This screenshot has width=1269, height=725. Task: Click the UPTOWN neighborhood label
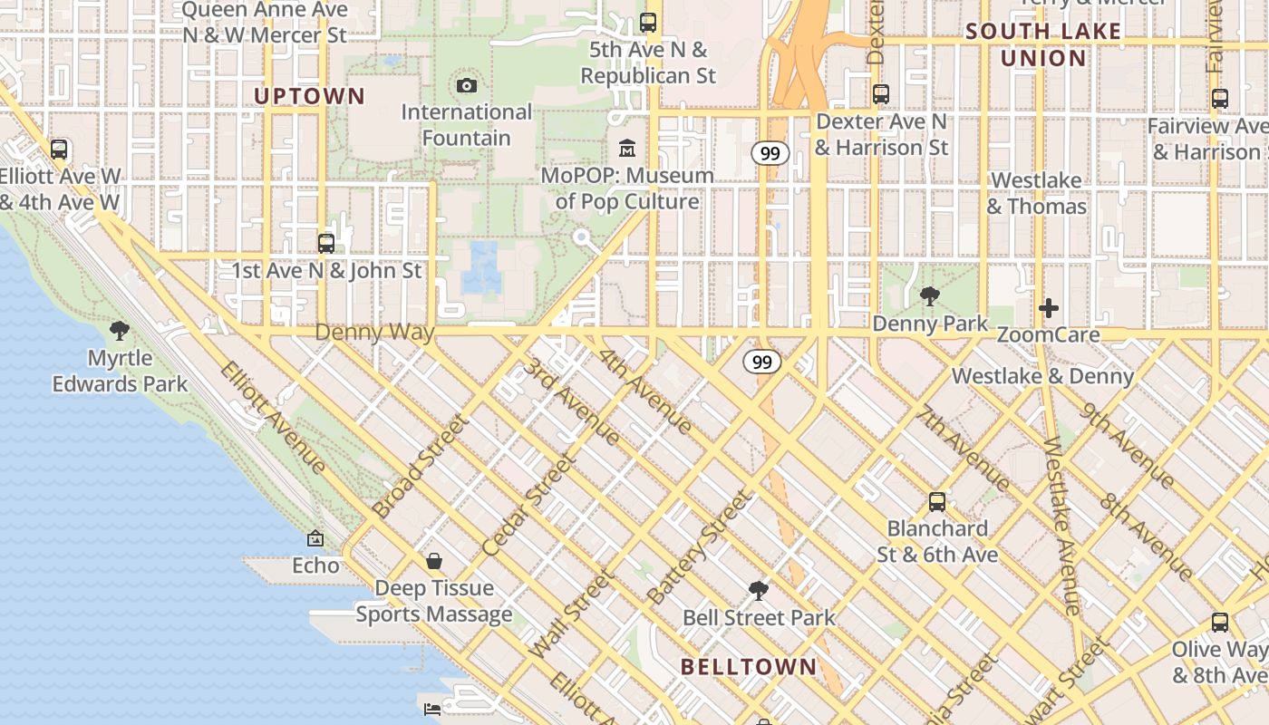coord(309,96)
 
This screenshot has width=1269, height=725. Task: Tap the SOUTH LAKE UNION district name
coord(1042,45)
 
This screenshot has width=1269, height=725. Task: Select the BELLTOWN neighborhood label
coord(749,667)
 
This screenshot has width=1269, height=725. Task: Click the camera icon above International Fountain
coord(467,86)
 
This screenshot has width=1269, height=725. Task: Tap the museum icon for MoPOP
coord(627,148)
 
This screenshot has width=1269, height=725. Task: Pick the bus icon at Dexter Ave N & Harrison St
coord(880,93)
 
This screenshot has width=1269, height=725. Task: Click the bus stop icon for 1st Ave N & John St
coord(326,243)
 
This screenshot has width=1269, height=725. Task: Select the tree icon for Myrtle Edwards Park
coord(119,331)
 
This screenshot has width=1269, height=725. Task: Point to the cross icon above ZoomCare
coord(1049,308)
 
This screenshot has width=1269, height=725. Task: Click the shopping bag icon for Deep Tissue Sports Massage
coord(434,561)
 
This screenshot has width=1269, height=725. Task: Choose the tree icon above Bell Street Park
coord(759,591)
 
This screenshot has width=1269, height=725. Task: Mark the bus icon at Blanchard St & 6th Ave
coord(937,501)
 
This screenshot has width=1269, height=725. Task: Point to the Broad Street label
coord(421,467)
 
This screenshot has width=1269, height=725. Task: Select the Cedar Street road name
coord(529,505)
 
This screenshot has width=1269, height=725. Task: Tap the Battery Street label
coord(700,548)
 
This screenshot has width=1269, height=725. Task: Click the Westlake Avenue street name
coord(1061,526)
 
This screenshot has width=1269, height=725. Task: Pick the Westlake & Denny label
coord(1042,376)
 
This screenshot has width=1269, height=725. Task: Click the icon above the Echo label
coord(315,539)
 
